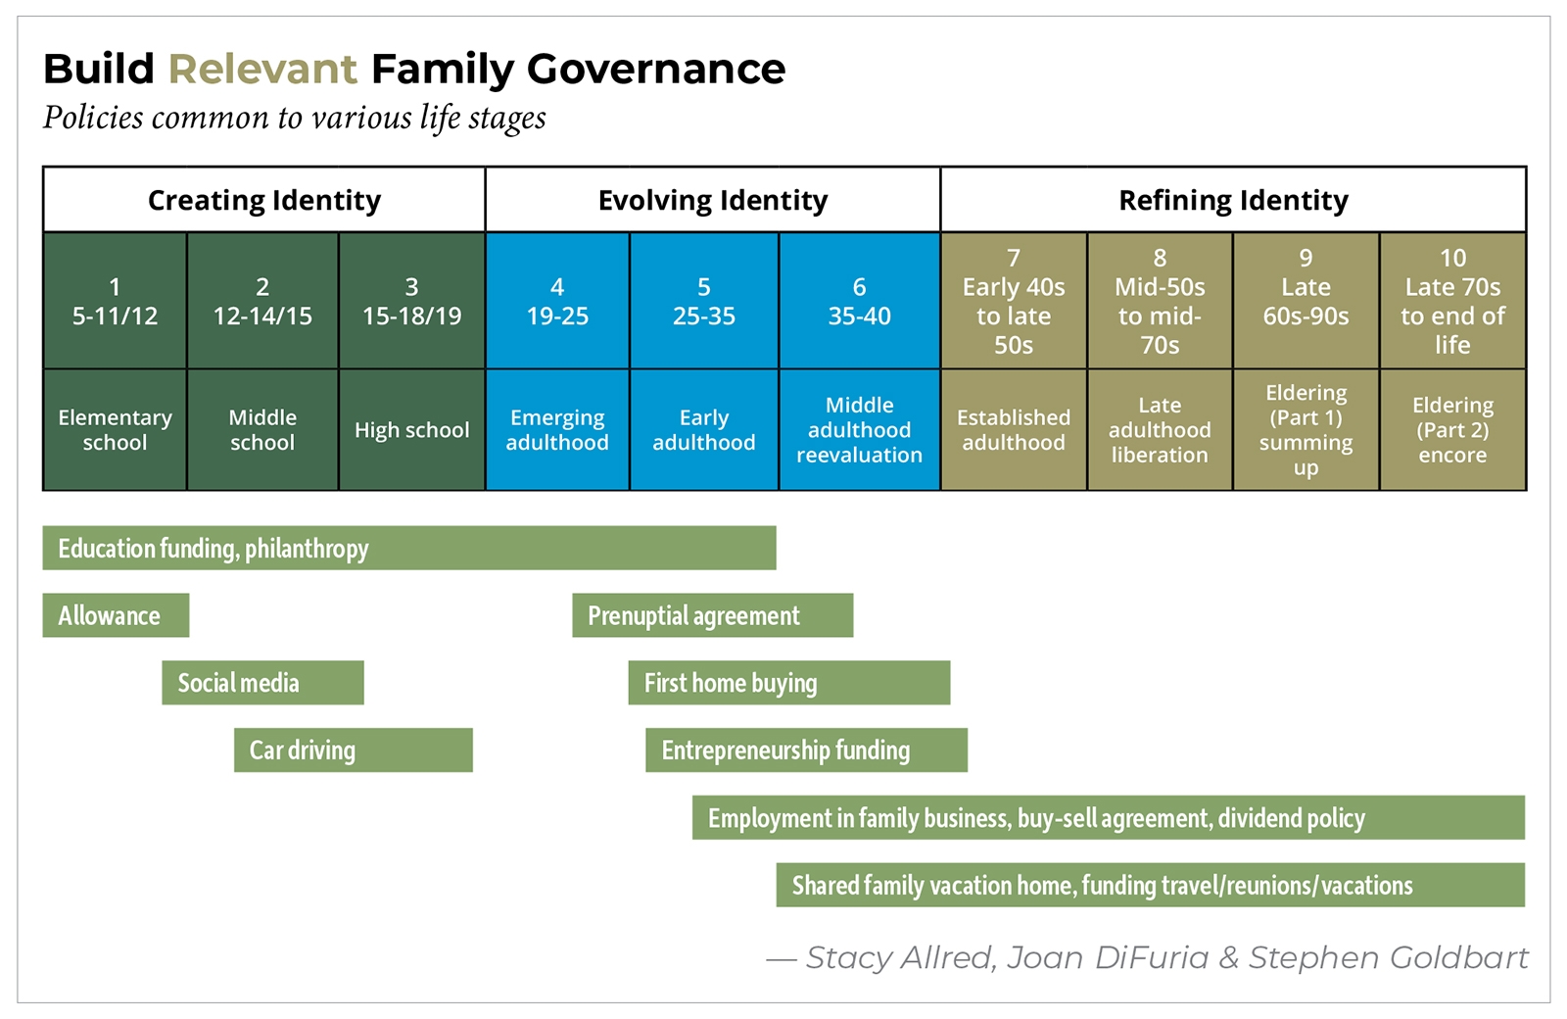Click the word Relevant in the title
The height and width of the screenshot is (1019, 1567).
pos(262,70)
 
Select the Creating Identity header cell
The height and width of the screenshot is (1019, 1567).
pos(263,200)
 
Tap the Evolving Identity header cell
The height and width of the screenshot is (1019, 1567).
pos(712,200)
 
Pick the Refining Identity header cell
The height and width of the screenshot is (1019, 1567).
pos(1233,200)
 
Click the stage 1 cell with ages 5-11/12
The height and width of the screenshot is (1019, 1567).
pos(115,301)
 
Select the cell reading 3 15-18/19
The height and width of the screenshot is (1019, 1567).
pos(411,301)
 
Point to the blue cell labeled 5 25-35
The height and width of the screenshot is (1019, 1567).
pos(703,301)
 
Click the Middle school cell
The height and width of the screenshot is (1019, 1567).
pos(261,430)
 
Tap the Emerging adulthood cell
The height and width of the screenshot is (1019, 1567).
pos(556,430)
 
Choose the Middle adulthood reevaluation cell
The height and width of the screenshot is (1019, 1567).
pos(859,430)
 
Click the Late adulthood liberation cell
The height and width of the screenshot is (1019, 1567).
pos(1160,430)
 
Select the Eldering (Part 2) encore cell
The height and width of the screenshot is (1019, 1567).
pos(1452,430)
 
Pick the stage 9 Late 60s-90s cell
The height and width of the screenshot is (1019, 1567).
pos(1306,301)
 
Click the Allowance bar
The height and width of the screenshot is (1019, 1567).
pos(116,615)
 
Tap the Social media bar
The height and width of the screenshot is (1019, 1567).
pos(262,683)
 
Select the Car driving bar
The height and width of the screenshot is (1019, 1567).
pos(353,751)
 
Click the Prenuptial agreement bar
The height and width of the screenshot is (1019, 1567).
pos(712,615)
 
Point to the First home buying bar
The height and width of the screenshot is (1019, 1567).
pos(788,683)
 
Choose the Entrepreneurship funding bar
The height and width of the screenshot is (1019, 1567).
pos(806,751)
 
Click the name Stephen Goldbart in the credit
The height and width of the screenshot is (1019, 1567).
pos(1388,957)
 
